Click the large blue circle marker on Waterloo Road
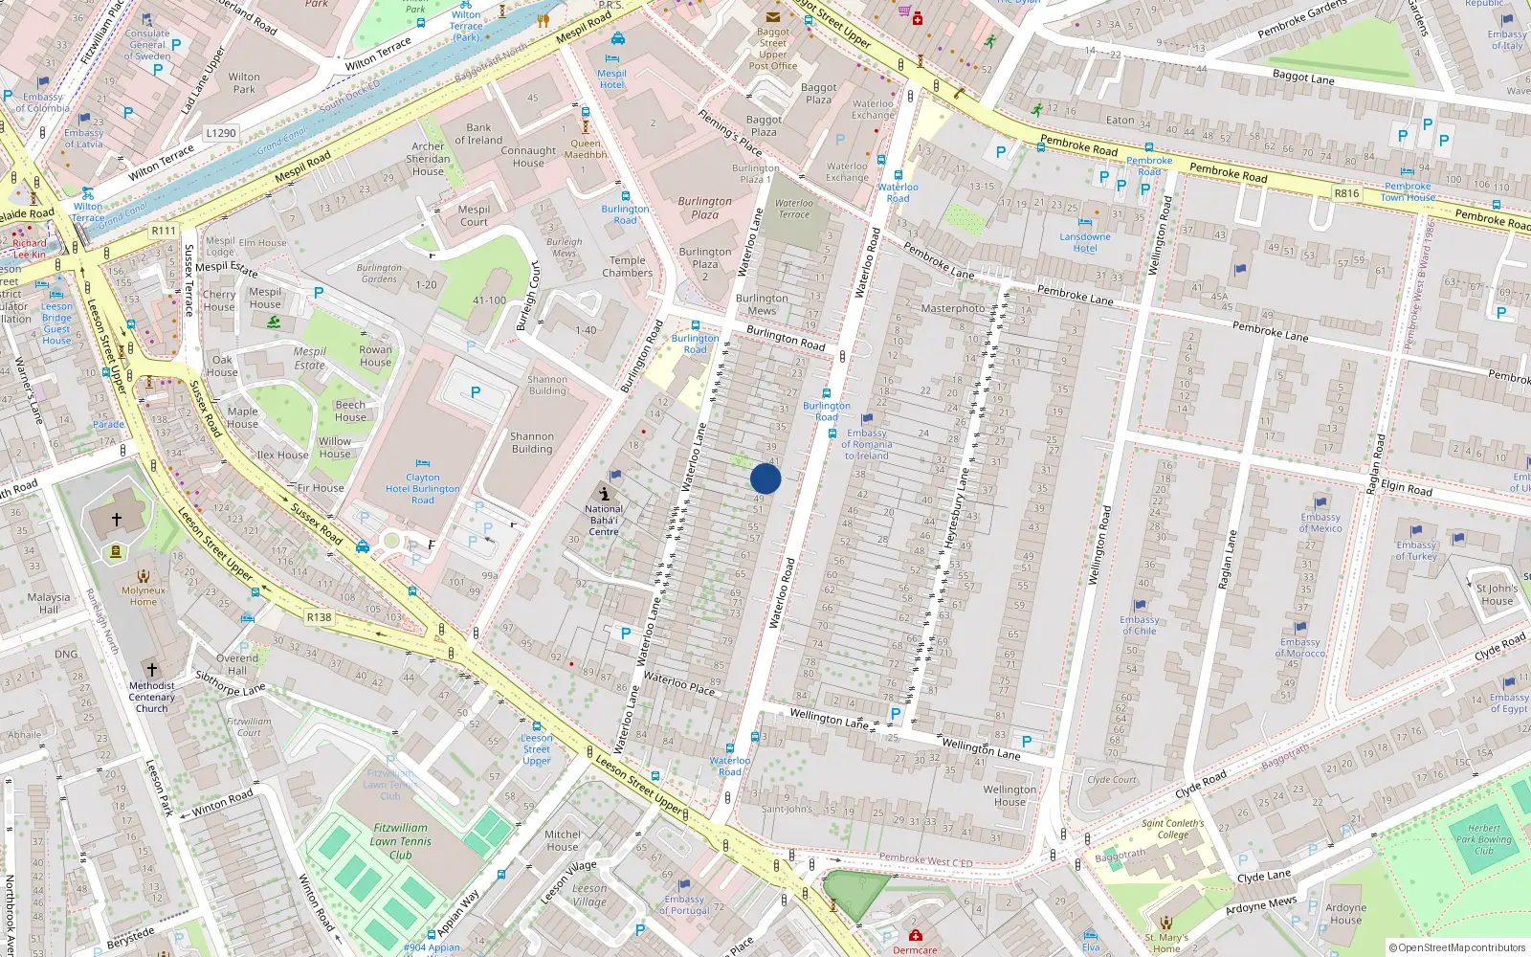click(765, 478)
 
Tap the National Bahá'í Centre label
click(604, 521)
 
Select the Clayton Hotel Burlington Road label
click(423, 488)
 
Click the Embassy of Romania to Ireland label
click(867, 444)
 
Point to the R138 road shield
click(320, 617)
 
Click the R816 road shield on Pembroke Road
click(1346, 193)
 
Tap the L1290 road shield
click(221, 133)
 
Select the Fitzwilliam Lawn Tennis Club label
click(401, 841)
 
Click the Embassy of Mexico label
click(1320, 523)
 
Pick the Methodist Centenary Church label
click(151, 697)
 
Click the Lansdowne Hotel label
click(1085, 242)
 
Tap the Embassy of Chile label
click(1139, 625)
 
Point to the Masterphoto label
click(952, 308)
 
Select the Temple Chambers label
click(628, 266)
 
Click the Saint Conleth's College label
click(1173, 829)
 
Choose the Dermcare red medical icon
click(916, 934)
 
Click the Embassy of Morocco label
click(1300, 648)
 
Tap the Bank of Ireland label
click(478, 134)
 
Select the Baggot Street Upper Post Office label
click(773, 49)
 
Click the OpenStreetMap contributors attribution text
click(1457, 947)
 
